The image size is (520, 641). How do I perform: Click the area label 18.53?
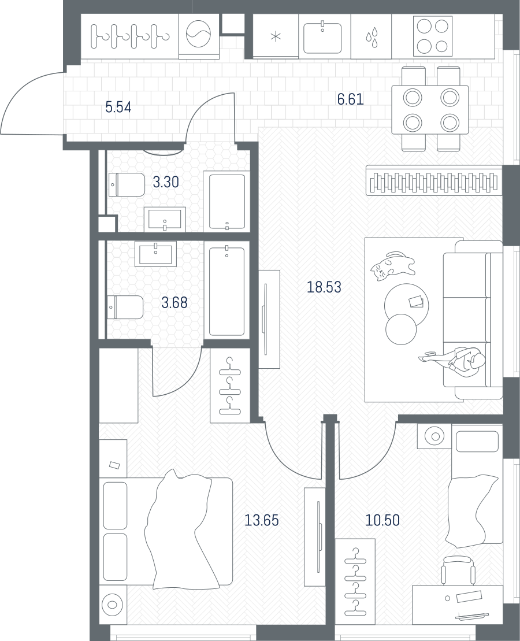point(324,287)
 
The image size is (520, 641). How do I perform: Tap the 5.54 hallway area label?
point(118,108)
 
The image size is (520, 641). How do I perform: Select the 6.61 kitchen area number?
point(350,99)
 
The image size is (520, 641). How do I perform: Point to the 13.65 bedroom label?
point(261,520)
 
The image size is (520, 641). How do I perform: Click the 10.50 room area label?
point(382,520)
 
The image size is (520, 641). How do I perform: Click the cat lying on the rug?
point(392,265)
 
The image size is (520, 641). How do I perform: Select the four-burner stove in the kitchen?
point(433,36)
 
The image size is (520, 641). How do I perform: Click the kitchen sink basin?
point(322,38)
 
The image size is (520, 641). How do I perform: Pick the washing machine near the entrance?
point(199,36)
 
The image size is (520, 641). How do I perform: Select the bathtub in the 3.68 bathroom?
point(226,290)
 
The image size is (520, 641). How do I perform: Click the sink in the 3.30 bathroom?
point(165,218)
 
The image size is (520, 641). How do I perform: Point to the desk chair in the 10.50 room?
point(458,570)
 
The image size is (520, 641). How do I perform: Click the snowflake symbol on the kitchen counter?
point(276,37)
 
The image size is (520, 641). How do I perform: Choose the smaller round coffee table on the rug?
point(401,329)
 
